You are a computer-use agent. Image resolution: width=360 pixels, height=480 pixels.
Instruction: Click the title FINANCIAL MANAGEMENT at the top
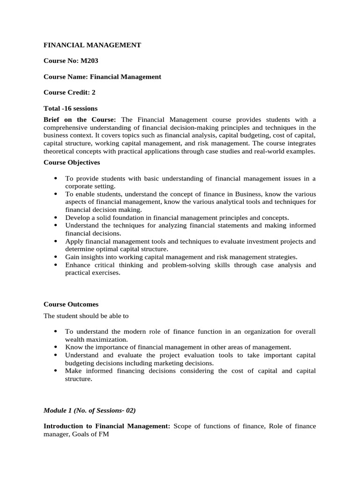pos(92,45)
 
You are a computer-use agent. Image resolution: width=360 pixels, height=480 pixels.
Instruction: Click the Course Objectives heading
pos(71,162)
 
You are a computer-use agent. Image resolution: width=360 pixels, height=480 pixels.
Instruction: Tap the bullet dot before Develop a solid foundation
pos(56,218)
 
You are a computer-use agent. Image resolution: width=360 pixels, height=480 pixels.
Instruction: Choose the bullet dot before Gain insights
pos(56,257)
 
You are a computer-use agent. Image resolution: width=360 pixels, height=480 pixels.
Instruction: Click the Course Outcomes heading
pos(71,304)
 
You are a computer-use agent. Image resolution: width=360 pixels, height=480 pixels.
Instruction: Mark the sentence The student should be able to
pos(86,315)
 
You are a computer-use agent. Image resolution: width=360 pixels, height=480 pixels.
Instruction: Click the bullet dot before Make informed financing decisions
pos(56,371)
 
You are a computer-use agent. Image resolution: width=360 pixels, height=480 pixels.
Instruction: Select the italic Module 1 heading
pos(90,410)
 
